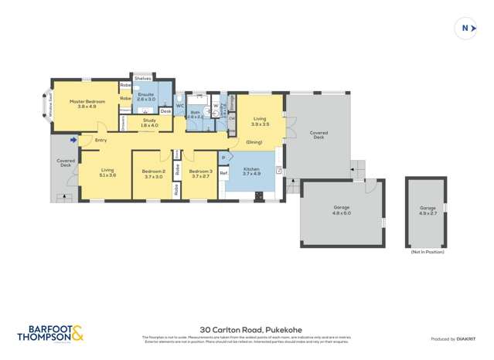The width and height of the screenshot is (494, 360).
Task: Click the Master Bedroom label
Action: click(x=87, y=104)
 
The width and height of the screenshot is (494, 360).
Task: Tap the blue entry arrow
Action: click(x=73, y=140)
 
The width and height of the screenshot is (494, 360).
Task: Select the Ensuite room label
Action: click(x=146, y=97)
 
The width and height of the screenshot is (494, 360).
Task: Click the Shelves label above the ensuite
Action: click(x=142, y=78)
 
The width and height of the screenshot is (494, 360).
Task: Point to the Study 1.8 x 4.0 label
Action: click(x=148, y=123)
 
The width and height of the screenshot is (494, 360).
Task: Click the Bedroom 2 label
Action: click(x=153, y=174)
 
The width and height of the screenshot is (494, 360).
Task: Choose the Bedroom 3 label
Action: click(x=201, y=174)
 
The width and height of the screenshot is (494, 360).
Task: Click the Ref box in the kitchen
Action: click(x=223, y=172)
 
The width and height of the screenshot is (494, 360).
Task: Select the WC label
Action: click(x=179, y=106)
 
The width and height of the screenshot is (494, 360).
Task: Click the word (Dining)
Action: click(x=254, y=143)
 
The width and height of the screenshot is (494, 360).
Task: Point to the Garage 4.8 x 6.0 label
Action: click(x=341, y=211)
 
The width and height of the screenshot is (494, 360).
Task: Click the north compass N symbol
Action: click(x=465, y=29)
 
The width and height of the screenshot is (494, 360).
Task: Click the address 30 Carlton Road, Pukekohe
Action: click(x=246, y=328)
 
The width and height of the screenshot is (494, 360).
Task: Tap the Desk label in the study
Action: click(x=165, y=111)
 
